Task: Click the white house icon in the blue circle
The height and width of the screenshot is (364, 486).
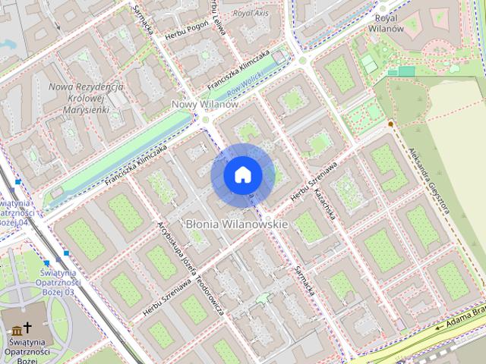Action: [242, 175]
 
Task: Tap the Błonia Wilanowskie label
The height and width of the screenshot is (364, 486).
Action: [237, 224]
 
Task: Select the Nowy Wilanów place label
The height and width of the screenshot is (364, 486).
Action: [205, 104]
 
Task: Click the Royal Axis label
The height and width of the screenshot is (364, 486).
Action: [251, 14]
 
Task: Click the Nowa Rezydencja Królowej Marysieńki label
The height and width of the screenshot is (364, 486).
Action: [85, 98]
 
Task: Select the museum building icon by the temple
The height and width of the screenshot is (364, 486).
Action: [16, 329]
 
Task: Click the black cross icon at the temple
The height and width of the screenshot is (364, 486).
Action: [30, 328]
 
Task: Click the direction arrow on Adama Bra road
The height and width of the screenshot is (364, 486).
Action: [440, 328]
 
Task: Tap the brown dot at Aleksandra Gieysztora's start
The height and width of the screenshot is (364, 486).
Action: [390, 124]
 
